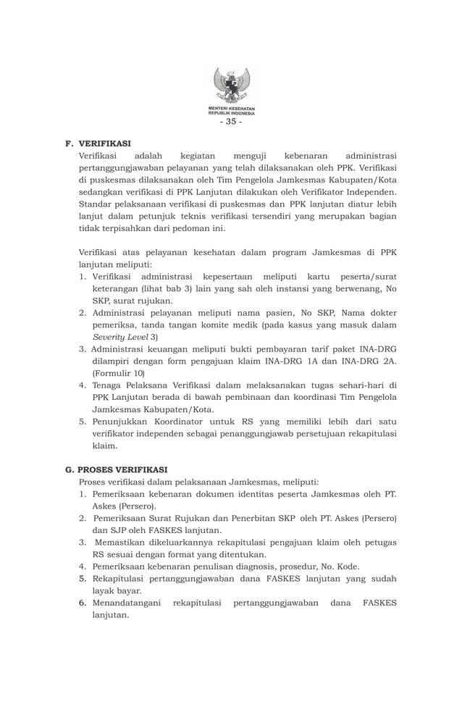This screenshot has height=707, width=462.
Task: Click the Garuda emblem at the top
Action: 231,87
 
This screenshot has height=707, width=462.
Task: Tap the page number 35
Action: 231,122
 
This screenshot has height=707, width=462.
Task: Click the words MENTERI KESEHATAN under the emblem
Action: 231,109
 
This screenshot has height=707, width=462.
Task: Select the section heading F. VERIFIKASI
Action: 98,143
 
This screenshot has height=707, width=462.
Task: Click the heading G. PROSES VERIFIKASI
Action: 116,469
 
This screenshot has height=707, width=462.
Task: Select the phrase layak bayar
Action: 117,590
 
